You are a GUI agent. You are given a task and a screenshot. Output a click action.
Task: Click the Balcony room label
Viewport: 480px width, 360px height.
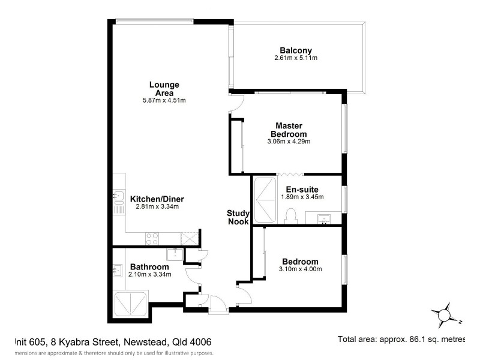pyautogui.click(x=295, y=50)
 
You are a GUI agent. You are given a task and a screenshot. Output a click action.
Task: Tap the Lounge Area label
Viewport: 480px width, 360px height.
pyautogui.click(x=164, y=89)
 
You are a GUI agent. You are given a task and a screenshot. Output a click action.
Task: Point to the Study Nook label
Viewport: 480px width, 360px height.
pyautogui.click(x=238, y=217)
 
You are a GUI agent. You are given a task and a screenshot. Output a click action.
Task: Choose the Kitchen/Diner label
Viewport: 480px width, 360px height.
pyautogui.click(x=157, y=199)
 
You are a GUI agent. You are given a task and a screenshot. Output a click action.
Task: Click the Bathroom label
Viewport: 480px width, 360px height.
pyautogui.click(x=149, y=266)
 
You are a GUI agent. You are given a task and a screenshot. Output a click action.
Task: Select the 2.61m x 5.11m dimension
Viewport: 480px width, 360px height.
pyautogui.click(x=295, y=58)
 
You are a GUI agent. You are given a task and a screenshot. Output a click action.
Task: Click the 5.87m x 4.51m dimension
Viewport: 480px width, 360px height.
pyautogui.click(x=164, y=101)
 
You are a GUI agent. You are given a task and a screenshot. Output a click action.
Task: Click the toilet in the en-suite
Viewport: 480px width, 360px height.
pyautogui.click(x=292, y=215)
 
